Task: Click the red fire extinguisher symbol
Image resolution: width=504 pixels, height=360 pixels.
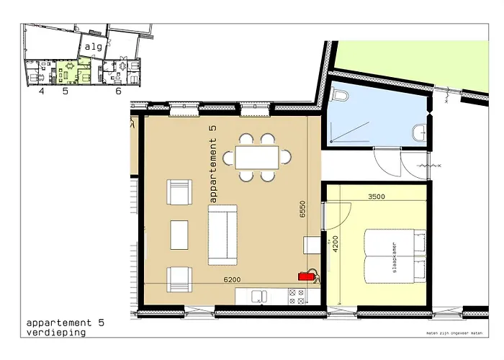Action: click(307, 274)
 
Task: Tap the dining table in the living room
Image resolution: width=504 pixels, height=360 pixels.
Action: click(256, 156)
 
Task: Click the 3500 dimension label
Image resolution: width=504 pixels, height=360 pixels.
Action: click(379, 195)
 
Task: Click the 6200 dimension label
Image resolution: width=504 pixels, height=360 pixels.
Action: click(233, 279)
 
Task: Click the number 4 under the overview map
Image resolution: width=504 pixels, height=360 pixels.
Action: click(41, 91)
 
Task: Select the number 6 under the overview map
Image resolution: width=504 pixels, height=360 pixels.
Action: click(117, 91)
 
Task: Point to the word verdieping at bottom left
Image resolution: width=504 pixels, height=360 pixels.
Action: click(56, 333)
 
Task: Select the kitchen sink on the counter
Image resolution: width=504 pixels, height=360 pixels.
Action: click(258, 295)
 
